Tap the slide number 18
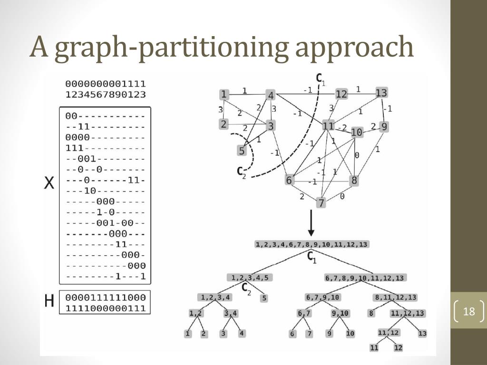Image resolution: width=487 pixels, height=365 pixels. pos(469,312)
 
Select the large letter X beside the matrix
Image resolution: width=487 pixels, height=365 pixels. pos(49,183)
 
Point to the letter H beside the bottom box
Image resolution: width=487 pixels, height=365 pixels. pos(49,301)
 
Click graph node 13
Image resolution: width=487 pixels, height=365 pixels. pos(381,93)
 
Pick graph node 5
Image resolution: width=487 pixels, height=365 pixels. pos(242,151)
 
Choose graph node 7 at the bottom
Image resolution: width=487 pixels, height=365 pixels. pos(321,203)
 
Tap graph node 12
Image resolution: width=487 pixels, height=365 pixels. pos(341,94)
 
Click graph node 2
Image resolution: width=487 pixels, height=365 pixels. pos(224,124)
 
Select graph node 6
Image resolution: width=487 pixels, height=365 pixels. pos(289,180)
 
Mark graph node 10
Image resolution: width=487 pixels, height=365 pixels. pos(357,132)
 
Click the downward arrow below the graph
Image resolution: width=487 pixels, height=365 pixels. pos(311,223)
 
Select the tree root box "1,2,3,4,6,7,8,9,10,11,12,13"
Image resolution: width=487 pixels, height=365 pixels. pos(312,244)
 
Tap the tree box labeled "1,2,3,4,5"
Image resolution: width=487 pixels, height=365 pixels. pos(249,278)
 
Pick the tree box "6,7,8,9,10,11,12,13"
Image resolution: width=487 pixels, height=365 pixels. pos(365,278)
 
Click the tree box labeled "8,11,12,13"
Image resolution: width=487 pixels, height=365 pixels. pos(396,298)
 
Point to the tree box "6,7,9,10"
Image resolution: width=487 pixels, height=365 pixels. pos(322,298)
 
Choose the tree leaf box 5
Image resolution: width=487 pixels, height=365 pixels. pos(264,298)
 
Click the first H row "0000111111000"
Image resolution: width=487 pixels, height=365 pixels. pos(106,298)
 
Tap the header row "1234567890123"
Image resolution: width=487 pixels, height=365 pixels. pos(106,94)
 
